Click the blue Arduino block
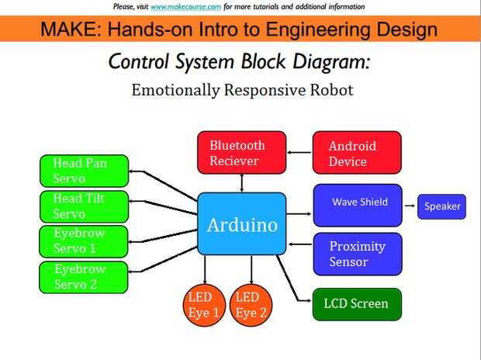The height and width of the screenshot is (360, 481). pos(242,223)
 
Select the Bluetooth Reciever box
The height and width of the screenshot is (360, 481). pos(242,153)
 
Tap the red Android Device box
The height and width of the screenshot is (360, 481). pos(357,153)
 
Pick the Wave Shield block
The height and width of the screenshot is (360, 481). pos(358,206)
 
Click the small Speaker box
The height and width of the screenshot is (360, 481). pos(441,206)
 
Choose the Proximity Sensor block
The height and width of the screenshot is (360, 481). pos(358,254)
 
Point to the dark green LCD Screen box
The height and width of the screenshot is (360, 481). pos(357,304)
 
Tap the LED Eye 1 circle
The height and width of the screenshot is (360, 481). pos(204,305)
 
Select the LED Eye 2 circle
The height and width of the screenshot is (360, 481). pos(251,305)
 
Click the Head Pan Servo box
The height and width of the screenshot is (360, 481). pos(84,171)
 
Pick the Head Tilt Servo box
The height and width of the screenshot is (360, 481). pos(84,206)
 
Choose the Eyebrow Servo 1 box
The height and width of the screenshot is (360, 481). pos(84,241)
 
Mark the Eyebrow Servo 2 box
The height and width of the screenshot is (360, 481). pos(84,278)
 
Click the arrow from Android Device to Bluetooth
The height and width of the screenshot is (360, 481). pos(299,152)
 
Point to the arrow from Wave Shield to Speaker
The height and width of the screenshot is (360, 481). pos(410,206)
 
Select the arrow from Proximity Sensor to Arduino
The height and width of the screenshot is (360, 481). pos(300,244)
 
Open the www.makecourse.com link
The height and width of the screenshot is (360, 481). pos(185,6)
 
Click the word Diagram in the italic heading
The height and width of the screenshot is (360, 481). pos(331,62)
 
